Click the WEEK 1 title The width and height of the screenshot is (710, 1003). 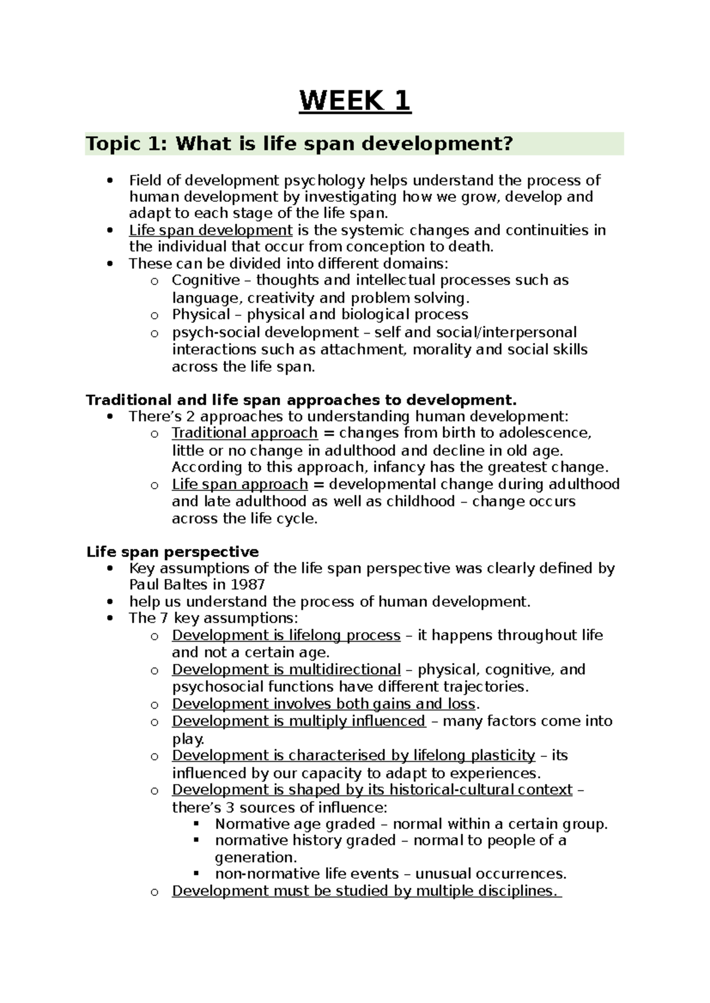(x=355, y=101)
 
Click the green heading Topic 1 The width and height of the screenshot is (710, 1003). (x=299, y=144)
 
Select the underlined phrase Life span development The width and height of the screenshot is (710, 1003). (x=211, y=230)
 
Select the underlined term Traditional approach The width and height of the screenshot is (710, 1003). (x=244, y=433)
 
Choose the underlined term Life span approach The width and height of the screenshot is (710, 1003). (x=240, y=484)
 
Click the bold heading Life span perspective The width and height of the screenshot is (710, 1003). (x=172, y=552)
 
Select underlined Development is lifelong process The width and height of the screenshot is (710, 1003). (x=286, y=635)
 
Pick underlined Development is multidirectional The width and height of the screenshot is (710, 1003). (x=286, y=669)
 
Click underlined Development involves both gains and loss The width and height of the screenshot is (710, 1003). (x=324, y=704)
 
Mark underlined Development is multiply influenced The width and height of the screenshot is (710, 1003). (x=298, y=721)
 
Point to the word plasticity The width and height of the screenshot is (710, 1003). (x=503, y=755)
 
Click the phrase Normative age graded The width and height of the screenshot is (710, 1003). (x=295, y=824)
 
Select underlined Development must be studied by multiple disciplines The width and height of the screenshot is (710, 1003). (x=366, y=891)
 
